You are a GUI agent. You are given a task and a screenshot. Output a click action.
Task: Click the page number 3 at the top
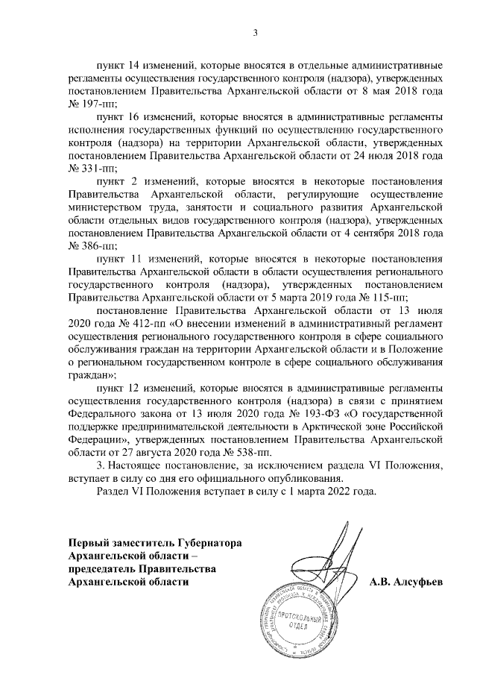pos(256,32)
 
